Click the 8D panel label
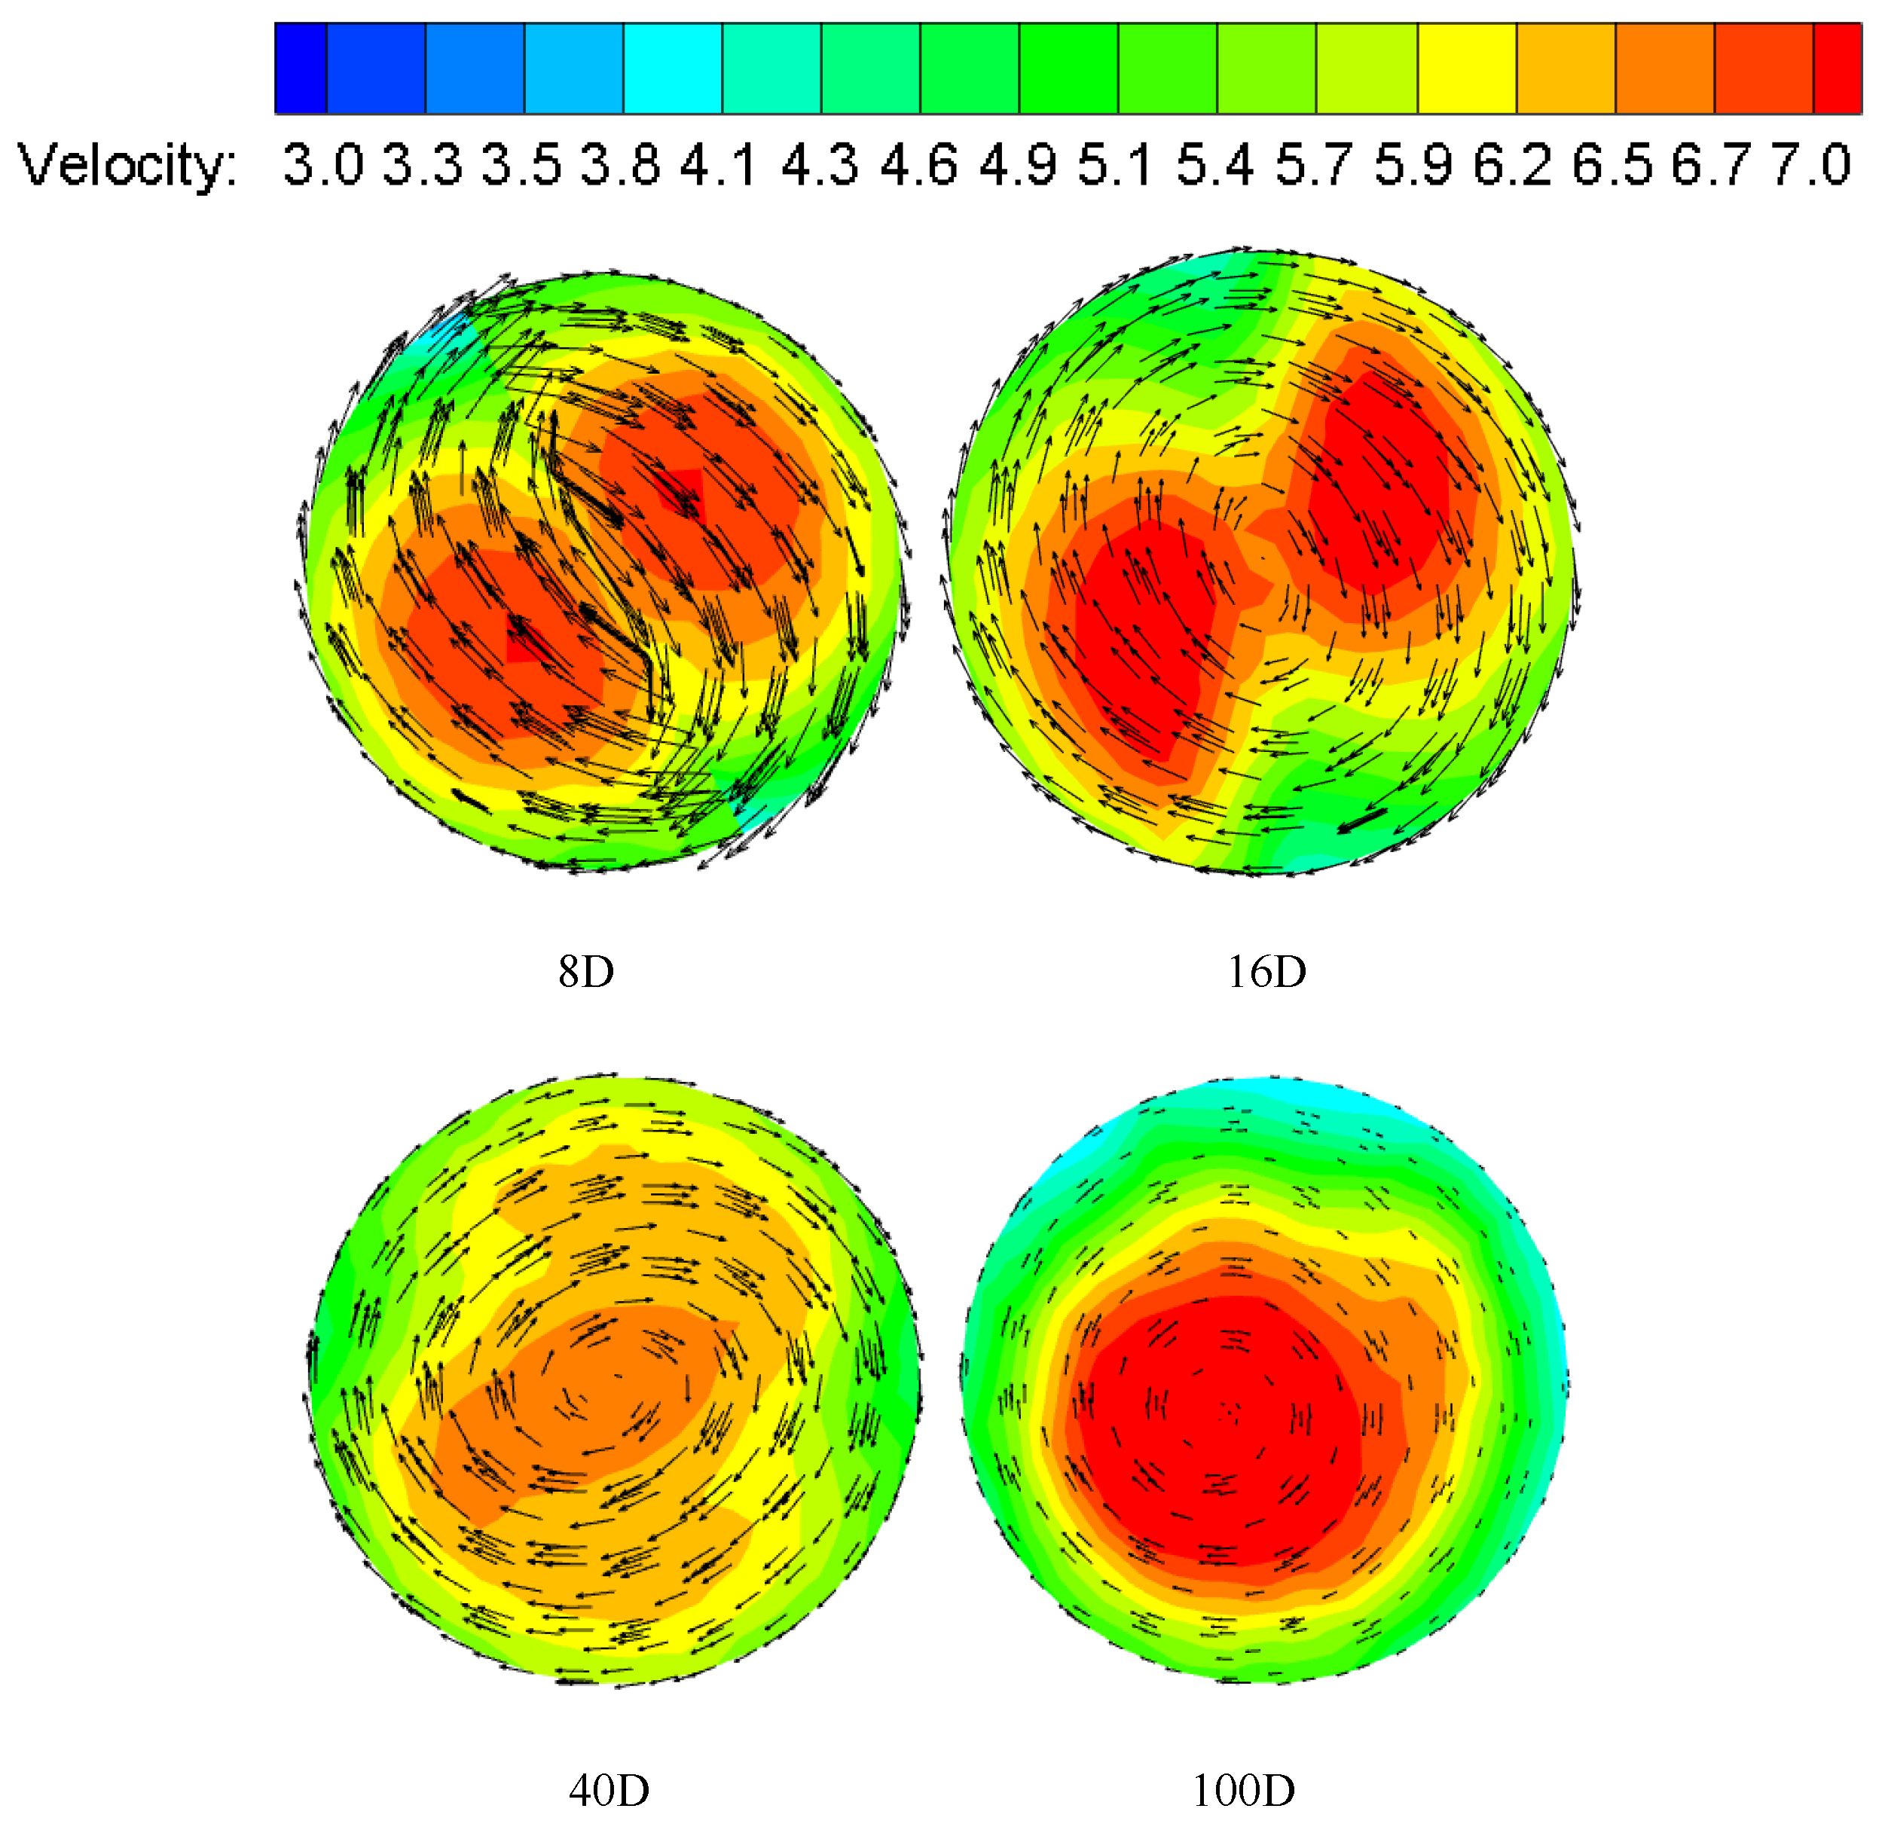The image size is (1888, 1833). point(585,972)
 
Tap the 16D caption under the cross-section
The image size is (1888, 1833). point(1266,972)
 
